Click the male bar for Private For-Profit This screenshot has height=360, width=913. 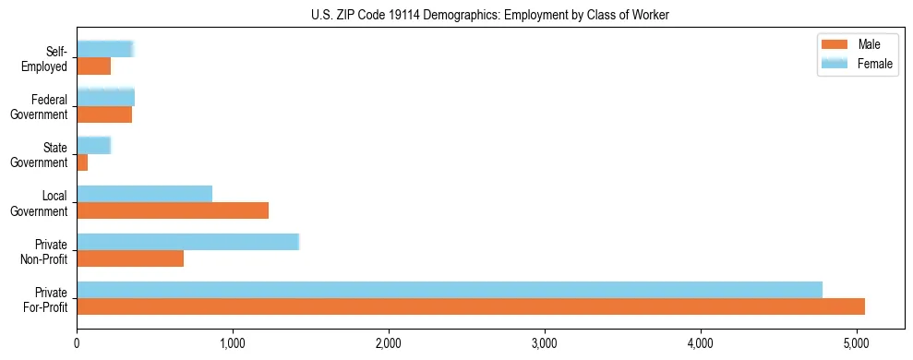pyautogui.click(x=471, y=306)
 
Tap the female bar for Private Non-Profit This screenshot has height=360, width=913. pyautogui.click(x=188, y=242)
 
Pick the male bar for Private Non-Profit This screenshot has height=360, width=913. pyautogui.click(x=130, y=258)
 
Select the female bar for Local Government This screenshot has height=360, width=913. pyautogui.click(x=145, y=194)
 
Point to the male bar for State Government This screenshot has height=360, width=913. pyautogui.click(x=82, y=162)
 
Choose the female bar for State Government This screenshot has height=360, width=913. pyautogui.click(x=94, y=146)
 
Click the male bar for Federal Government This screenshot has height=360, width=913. pyautogui.click(x=104, y=114)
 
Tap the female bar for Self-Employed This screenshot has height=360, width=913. pyautogui.click(x=105, y=50)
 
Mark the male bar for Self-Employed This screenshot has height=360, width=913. pyautogui.click(x=94, y=66)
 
